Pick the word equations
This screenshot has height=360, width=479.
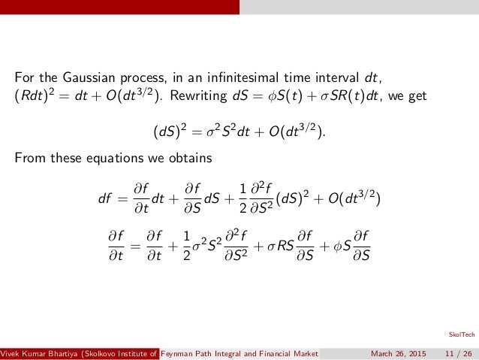112,159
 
